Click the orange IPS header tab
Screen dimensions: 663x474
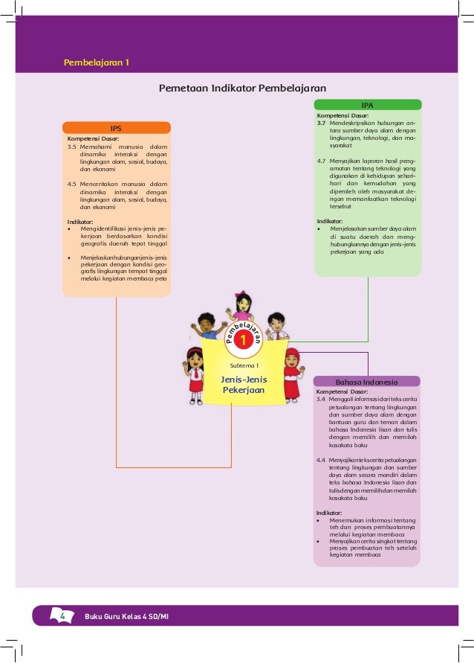(x=116, y=128)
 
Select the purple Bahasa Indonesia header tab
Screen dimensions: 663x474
(x=367, y=382)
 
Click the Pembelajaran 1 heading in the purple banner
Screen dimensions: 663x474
(x=97, y=63)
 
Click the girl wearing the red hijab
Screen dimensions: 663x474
(x=291, y=368)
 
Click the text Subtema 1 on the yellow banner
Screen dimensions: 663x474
(x=243, y=365)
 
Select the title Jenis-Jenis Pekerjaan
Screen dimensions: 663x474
(x=244, y=385)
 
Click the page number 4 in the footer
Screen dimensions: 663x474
(x=62, y=616)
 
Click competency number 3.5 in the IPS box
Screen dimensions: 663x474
(x=72, y=147)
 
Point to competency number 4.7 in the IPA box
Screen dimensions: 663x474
(x=322, y=160)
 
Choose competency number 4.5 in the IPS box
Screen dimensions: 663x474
(x=72, y=183)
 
